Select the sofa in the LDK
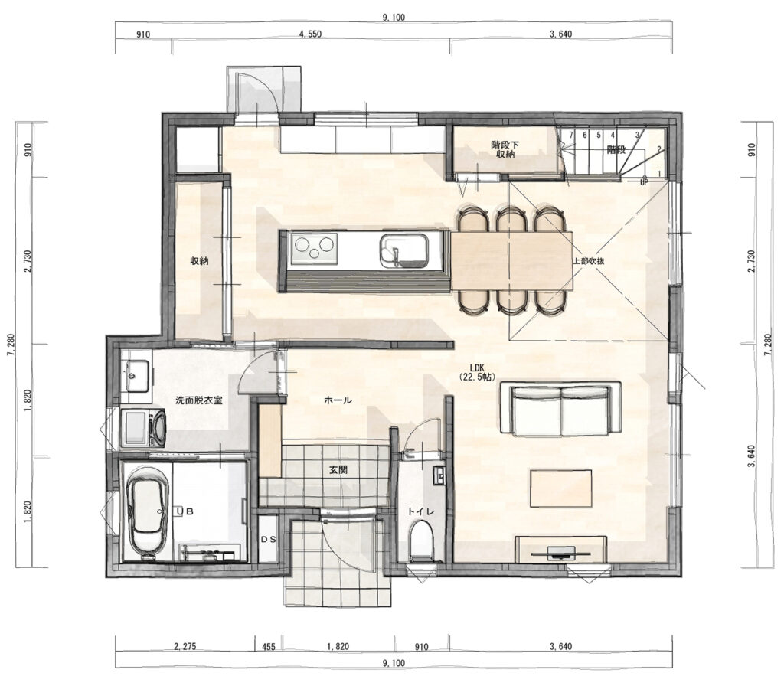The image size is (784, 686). point(561,409)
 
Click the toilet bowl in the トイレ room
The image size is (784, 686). point(420,541)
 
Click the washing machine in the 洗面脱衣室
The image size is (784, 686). point(143,428)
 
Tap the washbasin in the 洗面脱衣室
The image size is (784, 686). point(135,375)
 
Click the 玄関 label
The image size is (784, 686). point(338,470)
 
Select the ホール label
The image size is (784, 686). point(338,400)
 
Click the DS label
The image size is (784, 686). point(269,540)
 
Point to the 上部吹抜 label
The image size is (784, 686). point(589,260)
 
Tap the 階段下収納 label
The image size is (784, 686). point(505,149)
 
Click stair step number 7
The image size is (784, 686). point(570,135)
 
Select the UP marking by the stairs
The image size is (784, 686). point(644,182)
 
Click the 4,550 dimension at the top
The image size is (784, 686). point(310,34)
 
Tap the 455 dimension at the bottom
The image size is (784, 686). point(269,646)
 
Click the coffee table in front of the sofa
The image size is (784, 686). point(561,488)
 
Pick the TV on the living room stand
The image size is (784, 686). point(560,553)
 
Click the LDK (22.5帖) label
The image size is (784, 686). point(476,373)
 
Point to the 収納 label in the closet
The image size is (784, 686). point(199,260)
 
